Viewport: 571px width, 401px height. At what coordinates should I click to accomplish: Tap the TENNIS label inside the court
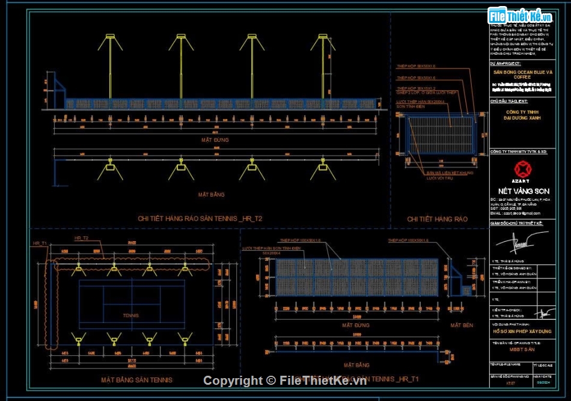pos(130,315)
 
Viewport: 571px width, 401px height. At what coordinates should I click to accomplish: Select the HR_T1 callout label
pos(40,242)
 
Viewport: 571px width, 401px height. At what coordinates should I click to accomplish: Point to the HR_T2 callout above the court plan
pos(81,239)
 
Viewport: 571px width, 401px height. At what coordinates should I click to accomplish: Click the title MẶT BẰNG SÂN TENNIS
pos(136,380)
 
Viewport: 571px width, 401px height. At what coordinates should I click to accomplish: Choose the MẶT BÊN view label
pos(461,325)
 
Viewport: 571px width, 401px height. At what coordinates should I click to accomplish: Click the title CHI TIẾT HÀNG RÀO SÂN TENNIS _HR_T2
pos(200,218)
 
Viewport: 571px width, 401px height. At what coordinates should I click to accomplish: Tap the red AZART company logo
pos(521,170)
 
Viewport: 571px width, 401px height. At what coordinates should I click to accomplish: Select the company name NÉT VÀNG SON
pos(519,191)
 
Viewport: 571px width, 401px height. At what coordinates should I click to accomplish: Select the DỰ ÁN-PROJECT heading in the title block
pos(505,63)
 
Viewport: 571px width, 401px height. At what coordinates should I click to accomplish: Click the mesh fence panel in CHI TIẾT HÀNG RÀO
pos(441,135)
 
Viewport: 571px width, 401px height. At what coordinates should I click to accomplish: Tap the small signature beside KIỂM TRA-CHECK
pos(546,313)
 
